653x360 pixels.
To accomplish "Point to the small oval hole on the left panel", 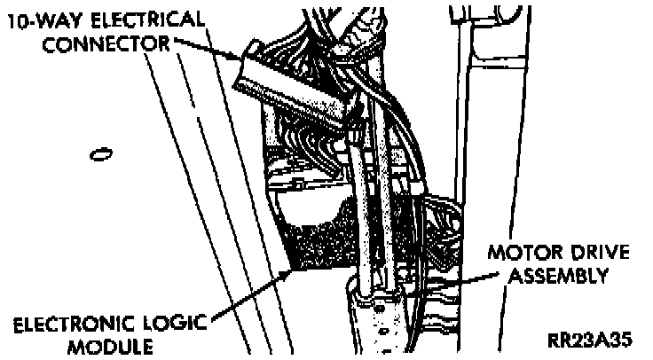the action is [x=101, y=154].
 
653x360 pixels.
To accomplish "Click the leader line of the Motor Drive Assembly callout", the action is [x=466, y=270].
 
